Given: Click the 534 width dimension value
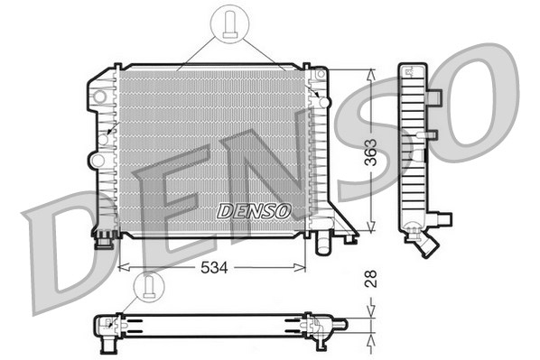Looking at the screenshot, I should click(212, 268).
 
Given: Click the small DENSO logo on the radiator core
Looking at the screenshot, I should click(254, 211).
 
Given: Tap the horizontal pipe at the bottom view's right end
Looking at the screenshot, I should click(339, 323).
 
